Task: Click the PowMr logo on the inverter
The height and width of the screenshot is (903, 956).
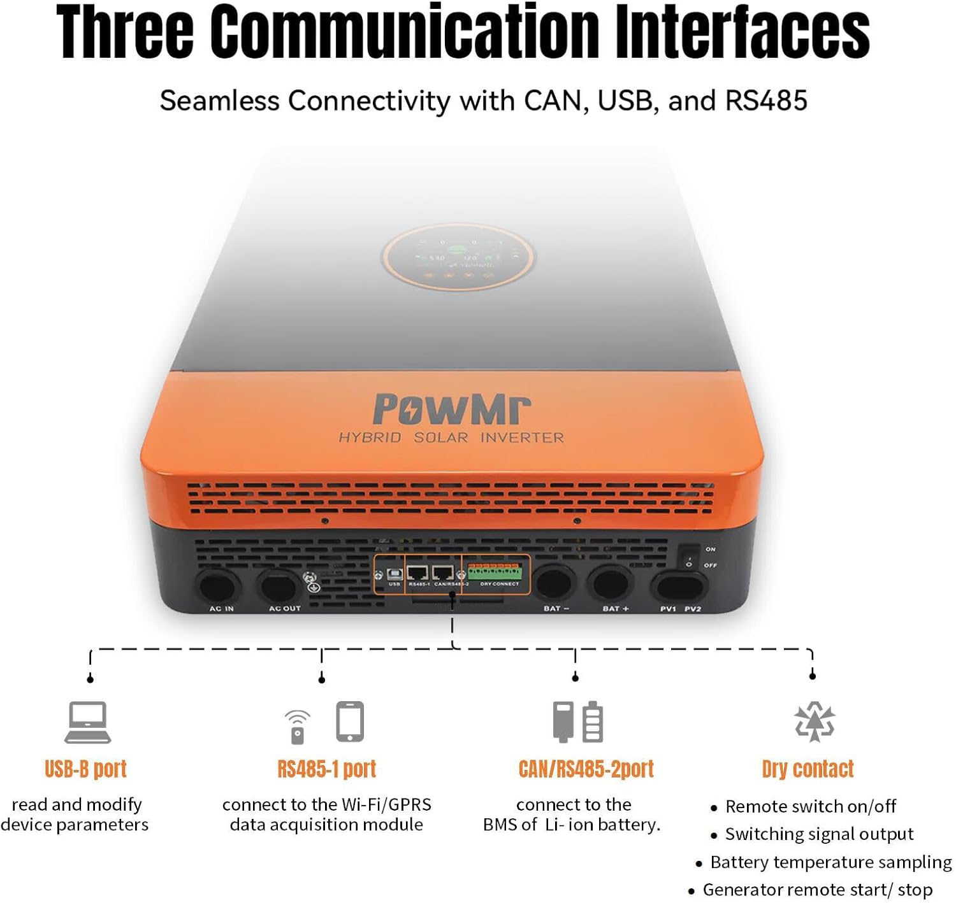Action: click(451, 409)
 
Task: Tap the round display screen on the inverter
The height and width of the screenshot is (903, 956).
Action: click(458, 258)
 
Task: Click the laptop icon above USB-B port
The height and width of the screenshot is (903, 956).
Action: click(87, 722)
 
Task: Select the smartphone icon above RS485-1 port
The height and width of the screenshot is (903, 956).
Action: click(350, 722)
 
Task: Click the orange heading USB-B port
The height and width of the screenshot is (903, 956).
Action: click(85, 769)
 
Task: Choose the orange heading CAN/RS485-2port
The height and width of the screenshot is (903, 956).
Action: click(586, 769)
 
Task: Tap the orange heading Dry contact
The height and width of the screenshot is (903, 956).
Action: click(808, 769)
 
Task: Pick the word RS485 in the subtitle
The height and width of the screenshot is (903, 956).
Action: click(766, 101)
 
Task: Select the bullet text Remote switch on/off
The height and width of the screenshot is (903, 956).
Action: click(810, 806)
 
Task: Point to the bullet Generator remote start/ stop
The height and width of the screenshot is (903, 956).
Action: click(817, 890)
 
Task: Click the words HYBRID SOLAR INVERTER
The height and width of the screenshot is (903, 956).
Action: click(451, 437)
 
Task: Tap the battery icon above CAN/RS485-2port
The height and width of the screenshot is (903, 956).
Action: click(593, 722)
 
